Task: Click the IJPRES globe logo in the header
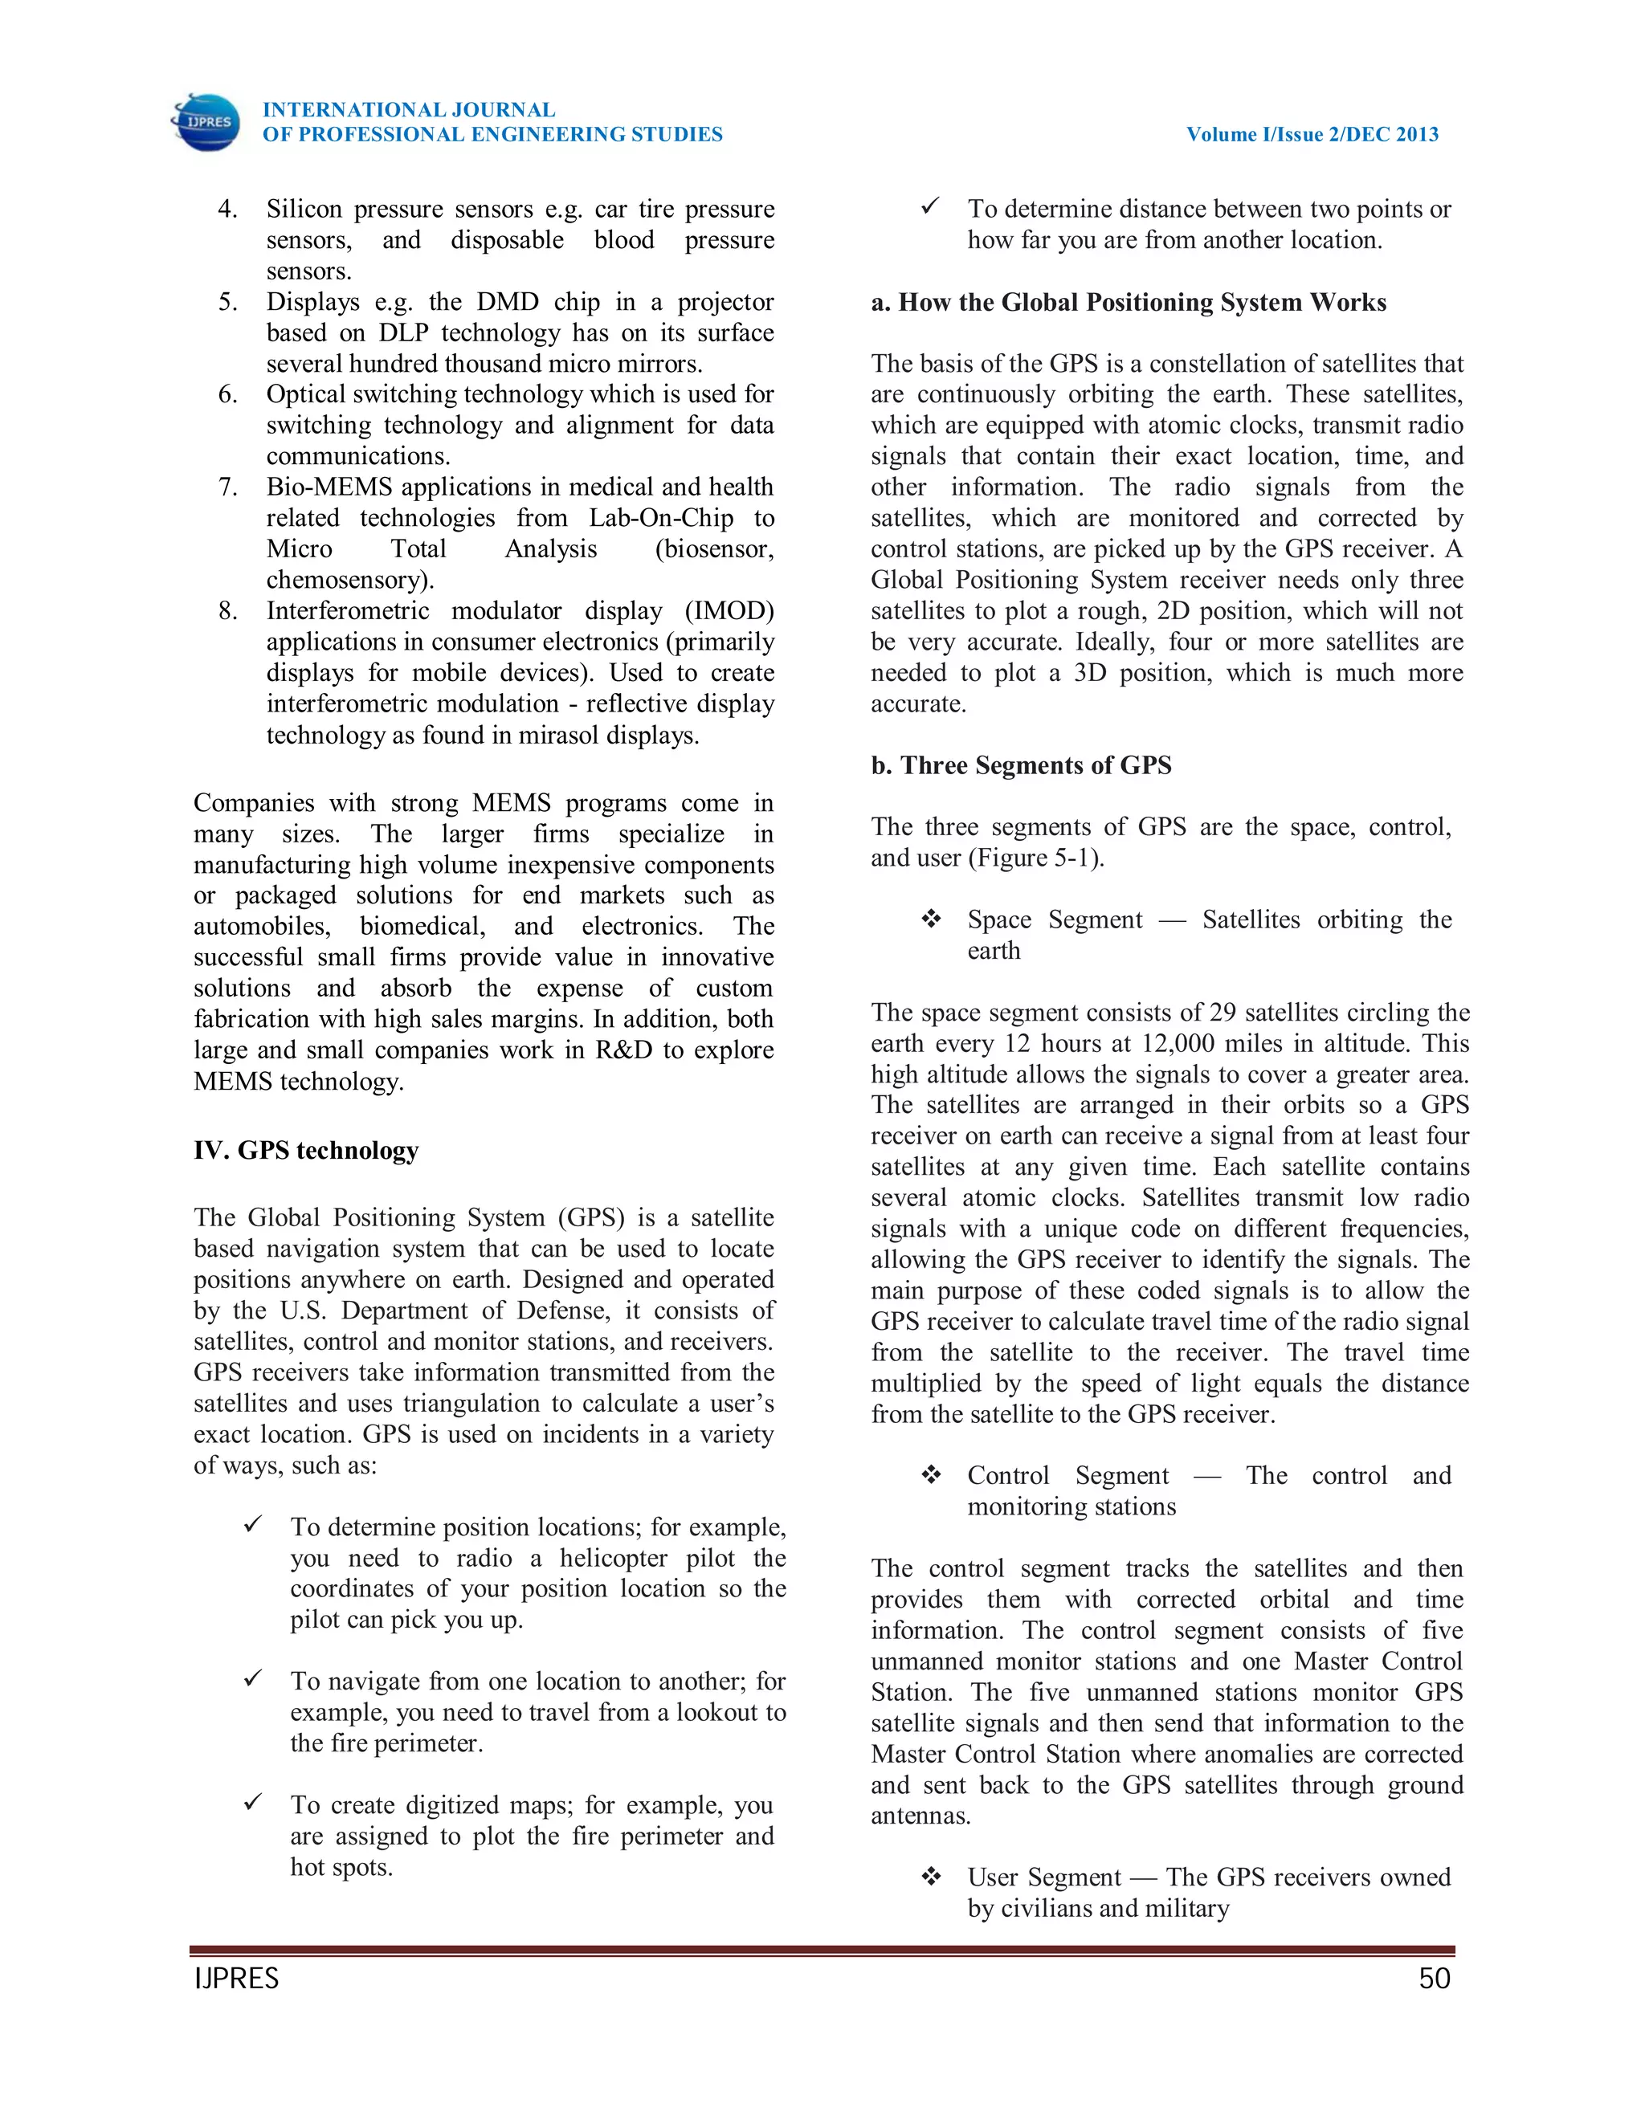(x=206, y=122)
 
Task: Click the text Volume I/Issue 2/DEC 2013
(x=1312, y=134)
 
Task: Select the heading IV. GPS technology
(x=306, y=1150)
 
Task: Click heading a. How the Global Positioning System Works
(x=1129, y=302)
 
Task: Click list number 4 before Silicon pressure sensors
(x=227, y=209)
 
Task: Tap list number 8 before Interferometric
(x=227, y=611)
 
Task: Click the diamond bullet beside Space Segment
(x=932, y=919)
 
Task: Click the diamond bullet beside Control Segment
(x=932, y=1475)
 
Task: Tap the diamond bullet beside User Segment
(x=932, y=1877)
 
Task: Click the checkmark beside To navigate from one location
(x=253, y=1678)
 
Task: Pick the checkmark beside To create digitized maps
(x=253, y=1802)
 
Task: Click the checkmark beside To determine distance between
(x=931, y=206)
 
